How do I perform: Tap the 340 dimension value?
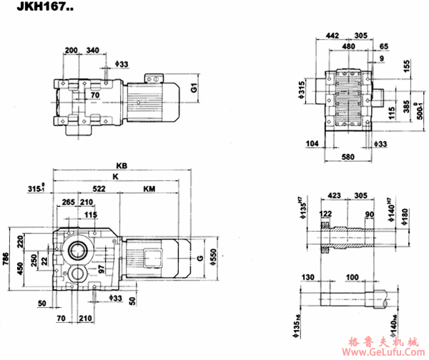click(93, 51)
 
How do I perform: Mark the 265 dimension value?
click(69, 203)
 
